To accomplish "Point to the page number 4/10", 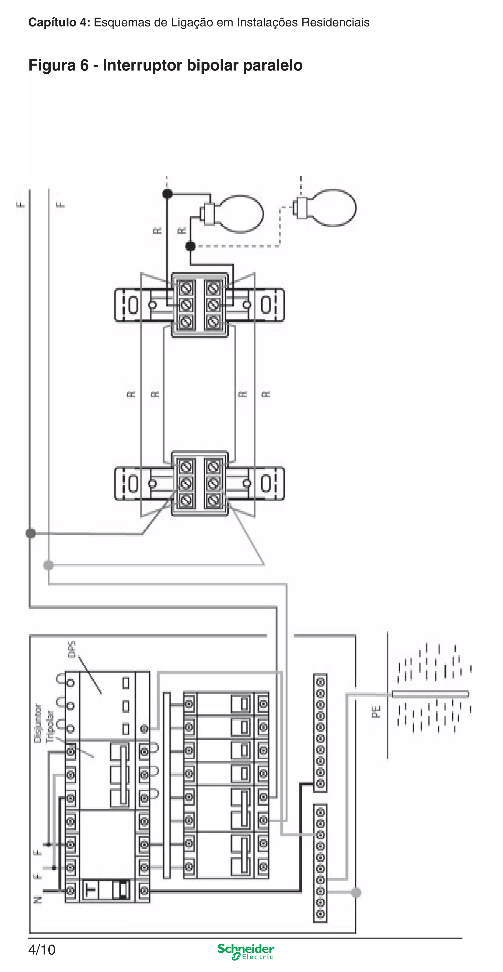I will [42, 950].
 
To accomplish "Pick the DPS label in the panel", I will [72, 649].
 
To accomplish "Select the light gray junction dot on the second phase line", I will [48, 565].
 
